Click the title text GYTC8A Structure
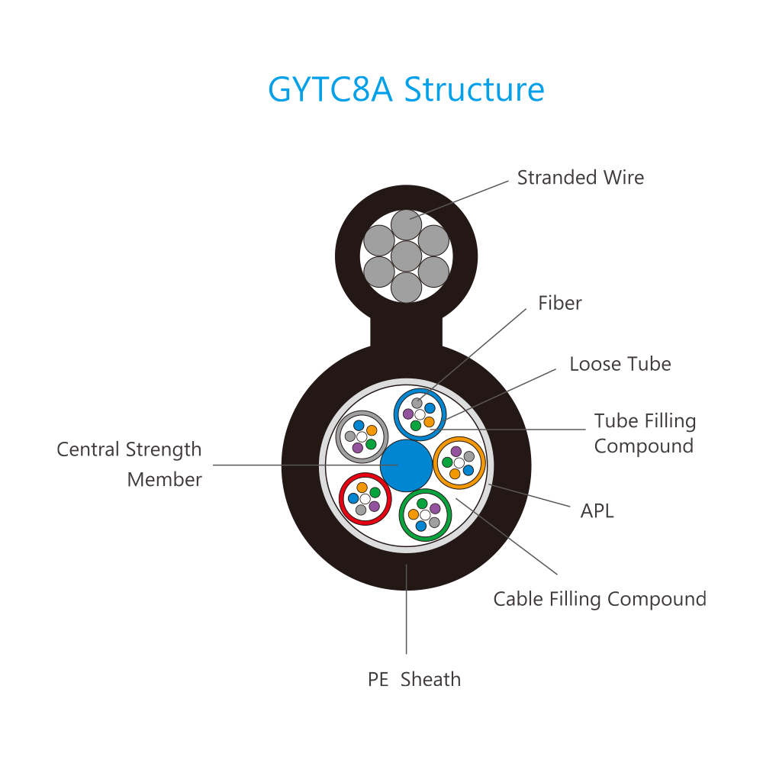pos(406,89)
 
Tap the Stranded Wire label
pos(580,178)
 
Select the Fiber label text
pos(559,303)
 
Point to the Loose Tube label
pos(620,364)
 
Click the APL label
pos(597,511)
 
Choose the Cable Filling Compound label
pos(600,599)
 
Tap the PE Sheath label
pos(414,679)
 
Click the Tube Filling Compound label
pos(645,433)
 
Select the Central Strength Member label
pos(129,464)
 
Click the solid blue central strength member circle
pos(407,465)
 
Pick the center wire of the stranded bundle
pos(407,256)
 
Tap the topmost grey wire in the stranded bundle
pos(407,225)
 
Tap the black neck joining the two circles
pos(407,332)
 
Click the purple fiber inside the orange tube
pos(456,452)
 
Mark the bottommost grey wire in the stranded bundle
pos(407,287)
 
